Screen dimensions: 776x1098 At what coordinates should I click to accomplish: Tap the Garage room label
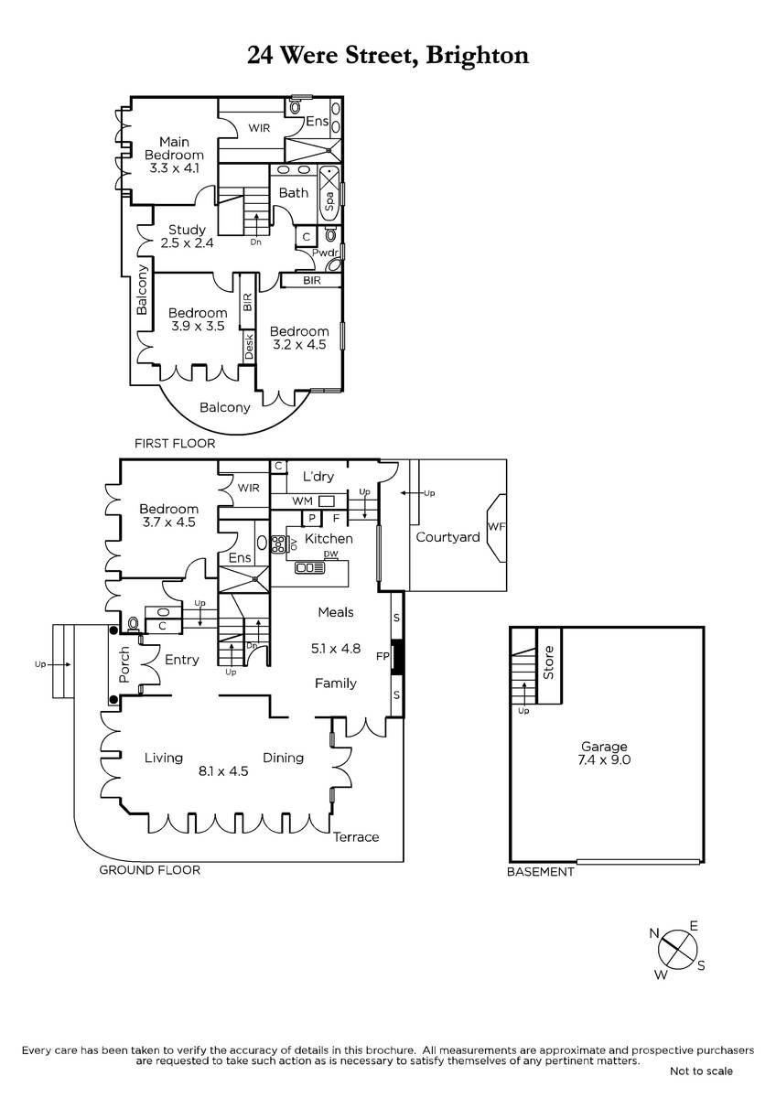tap(604, 747)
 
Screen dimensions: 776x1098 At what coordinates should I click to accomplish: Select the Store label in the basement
tap(548, 662)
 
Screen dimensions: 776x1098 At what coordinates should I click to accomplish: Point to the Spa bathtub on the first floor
tap(329, 195)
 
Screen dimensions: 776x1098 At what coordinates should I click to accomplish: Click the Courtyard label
tap(447, 537)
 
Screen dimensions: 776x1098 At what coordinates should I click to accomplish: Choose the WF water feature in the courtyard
tap(496, 528)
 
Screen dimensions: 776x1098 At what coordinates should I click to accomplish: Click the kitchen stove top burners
tap(278, 544)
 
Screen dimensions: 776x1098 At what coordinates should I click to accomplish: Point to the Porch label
tap(124, 664)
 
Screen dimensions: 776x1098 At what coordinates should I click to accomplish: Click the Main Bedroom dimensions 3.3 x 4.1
tap(174, 168)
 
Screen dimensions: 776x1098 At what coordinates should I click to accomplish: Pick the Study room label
tap(187, 230)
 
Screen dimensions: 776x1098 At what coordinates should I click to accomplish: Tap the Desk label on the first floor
tap(249, 347)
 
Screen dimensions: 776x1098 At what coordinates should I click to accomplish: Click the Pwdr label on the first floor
tap(326, 253)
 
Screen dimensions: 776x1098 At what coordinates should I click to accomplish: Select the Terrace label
tap(356, 836)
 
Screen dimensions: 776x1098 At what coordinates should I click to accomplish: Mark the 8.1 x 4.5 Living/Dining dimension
tap(223, 771)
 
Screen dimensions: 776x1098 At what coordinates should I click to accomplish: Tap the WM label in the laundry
tap(302, 501)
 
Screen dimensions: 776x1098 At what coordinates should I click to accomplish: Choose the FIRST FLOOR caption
tap(175, 444)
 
